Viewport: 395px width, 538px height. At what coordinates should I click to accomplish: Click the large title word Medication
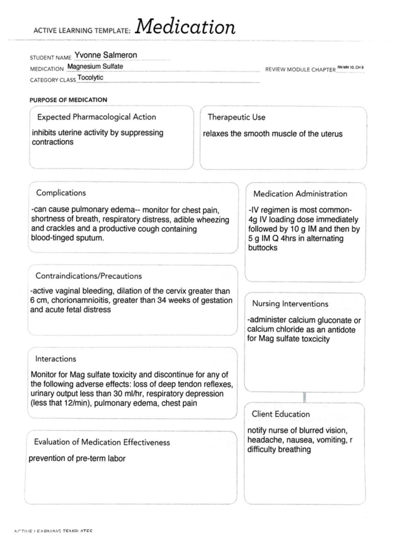185,27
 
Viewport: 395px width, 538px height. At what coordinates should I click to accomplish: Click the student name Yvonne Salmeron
105,55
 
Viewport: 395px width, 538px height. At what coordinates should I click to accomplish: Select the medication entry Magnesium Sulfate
95,66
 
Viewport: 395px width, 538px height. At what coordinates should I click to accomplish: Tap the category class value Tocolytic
90,78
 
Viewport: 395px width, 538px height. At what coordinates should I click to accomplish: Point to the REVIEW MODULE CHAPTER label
300,70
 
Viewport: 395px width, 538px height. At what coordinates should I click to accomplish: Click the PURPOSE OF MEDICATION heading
68,100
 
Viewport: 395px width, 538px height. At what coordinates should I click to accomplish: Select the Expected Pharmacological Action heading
96,117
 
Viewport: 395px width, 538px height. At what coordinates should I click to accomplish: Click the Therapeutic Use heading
236,117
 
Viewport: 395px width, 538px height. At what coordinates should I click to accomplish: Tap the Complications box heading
61,193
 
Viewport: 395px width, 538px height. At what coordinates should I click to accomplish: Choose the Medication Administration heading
300,194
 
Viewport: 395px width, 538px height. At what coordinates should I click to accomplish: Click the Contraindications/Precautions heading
89,276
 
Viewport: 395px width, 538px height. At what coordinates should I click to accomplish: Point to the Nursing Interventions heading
290,304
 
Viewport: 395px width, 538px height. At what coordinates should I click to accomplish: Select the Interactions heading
56,359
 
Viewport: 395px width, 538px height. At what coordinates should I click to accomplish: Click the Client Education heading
281,414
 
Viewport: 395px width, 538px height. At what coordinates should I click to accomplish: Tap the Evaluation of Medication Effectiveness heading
102,442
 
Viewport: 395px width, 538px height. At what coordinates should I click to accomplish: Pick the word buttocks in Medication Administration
263,248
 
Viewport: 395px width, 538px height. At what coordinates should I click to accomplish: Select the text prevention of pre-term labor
77,458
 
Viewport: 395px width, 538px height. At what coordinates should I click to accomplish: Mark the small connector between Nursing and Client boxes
304,397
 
